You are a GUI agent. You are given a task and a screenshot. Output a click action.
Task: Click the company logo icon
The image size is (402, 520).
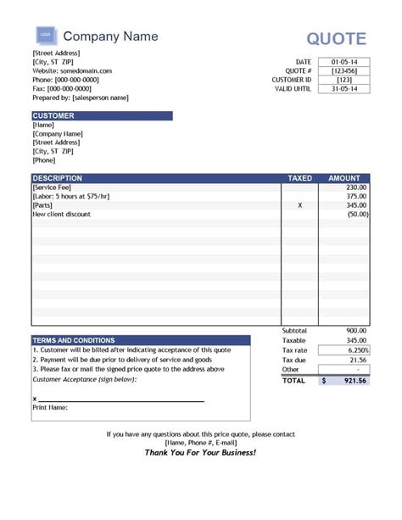point(46,36)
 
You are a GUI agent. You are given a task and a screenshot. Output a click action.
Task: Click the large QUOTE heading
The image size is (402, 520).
point(337,38)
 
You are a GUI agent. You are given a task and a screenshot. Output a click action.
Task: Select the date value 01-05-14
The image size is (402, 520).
point(343,62)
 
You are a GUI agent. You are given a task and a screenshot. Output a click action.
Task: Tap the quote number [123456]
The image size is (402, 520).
point(343,71)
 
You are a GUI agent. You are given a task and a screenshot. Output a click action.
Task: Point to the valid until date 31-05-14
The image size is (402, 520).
point(343,89)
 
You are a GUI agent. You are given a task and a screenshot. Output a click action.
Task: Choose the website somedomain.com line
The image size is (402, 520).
point(72,70)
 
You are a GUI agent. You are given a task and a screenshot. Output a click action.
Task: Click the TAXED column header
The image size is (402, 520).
point(300,178)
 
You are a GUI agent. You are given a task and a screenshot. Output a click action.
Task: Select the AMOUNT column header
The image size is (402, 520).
point(344,178)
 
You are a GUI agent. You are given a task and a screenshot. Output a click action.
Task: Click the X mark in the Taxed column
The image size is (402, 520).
point(300,205)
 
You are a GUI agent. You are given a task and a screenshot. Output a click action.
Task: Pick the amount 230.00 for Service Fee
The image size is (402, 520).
point(356,187)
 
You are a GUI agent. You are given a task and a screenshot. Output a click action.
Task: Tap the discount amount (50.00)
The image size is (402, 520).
point(357,215)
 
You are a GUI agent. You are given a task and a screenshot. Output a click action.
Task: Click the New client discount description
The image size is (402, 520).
point(61,215)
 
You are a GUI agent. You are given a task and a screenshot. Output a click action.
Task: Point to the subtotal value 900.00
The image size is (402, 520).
point(356,330)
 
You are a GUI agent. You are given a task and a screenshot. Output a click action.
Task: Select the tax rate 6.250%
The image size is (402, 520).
point(357,349)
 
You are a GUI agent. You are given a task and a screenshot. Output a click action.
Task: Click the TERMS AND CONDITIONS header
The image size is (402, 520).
point(74,340)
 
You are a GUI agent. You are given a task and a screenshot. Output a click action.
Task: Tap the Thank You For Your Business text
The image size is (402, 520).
point(200,453)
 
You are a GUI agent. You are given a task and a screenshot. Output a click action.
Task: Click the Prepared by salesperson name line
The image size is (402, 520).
point(81,98)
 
